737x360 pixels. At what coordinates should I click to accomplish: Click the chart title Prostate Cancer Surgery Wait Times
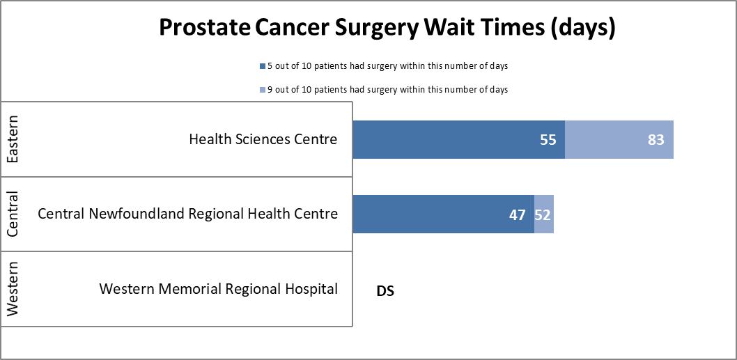coord(387,27)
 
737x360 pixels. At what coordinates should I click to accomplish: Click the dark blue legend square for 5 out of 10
coord(262,66)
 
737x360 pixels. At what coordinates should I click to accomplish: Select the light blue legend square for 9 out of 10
coord(262,90)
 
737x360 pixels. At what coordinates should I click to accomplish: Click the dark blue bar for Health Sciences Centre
coord(446,139)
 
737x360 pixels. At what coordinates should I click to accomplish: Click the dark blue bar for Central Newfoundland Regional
coord(432,214)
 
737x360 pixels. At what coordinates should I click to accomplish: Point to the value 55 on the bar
coord(548,139)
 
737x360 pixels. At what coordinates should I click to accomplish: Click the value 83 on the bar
coord(655,139)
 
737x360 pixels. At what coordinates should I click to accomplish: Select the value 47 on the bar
coord(517,214)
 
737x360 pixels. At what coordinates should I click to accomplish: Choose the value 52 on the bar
coord(543,214)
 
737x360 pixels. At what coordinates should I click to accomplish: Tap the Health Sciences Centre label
coord(263,139)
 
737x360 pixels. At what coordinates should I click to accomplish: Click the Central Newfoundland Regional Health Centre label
coord(188,214)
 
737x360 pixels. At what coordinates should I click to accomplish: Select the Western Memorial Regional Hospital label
coord(219,288)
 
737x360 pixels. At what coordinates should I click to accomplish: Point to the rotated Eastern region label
coord(13,139)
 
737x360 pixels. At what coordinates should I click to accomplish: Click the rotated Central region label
coord(13,214)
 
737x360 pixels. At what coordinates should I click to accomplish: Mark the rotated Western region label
coord(13,288)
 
